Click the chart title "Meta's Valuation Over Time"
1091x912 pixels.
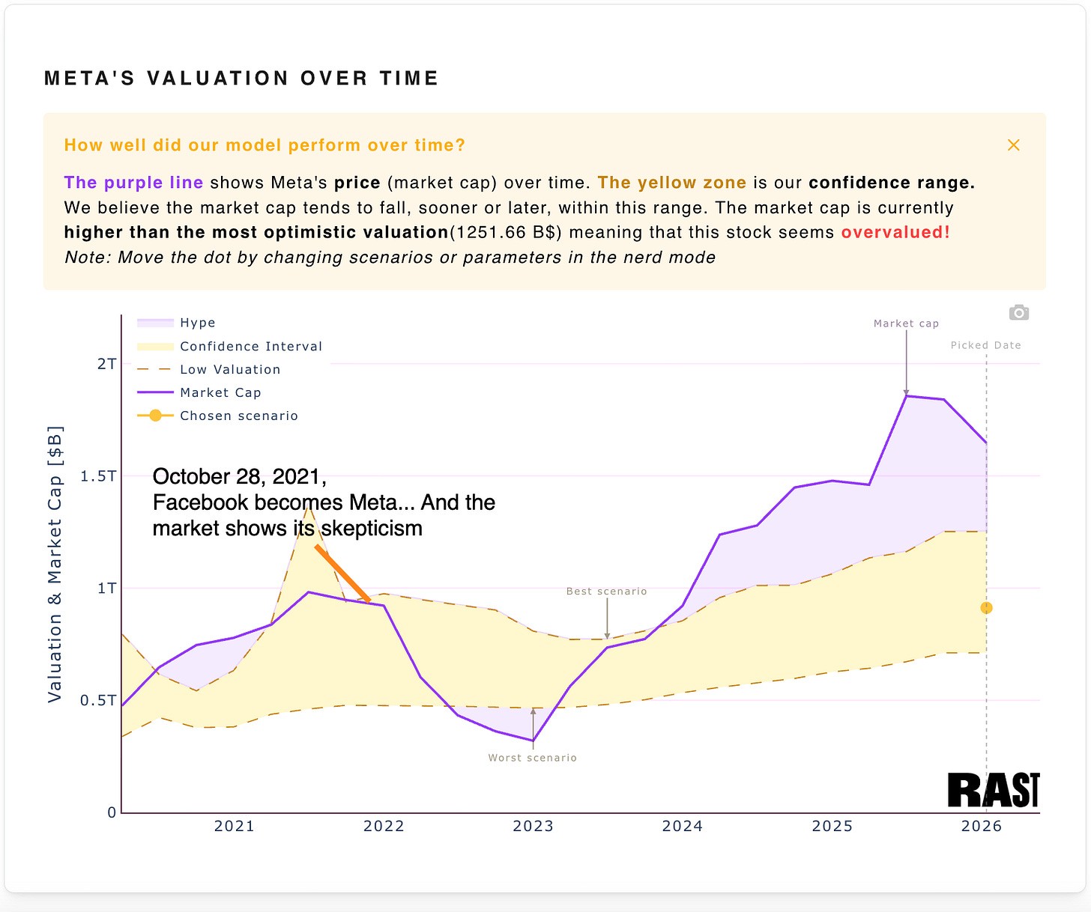(241, 79)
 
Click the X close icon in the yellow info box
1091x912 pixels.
(1013, 145)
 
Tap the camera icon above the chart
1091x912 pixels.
(1018, 313)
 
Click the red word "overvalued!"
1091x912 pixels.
(895, 232)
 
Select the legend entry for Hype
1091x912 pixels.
(197, 323)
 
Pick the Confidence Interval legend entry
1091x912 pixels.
(250, 346)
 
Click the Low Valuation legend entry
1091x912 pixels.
(229, 369)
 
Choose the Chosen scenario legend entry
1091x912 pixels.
(238, 416)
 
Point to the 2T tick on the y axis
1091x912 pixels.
(107, 364)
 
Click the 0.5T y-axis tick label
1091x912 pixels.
(99, 700)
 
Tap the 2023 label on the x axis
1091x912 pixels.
(533, 826)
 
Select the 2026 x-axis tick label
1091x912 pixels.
(981, 826)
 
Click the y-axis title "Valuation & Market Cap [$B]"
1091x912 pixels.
(55, 564)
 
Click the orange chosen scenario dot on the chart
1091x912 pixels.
(986, 608)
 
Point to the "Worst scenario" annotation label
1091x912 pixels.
(532, 758)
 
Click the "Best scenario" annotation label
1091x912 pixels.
(606, 592)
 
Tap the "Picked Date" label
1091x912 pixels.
(985, 345)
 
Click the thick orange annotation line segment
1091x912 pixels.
(342, 574)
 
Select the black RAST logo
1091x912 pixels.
(993, 791)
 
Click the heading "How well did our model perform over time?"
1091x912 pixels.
(265, 145)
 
